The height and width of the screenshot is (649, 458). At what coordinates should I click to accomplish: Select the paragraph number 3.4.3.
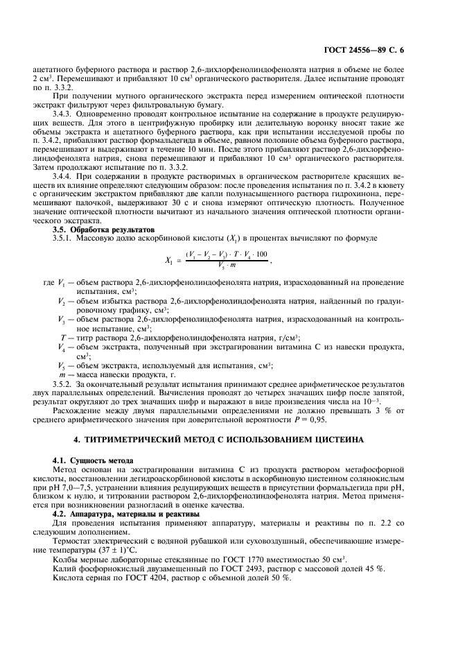point(65,113)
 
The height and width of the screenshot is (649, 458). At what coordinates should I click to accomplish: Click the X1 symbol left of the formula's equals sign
point(169,261)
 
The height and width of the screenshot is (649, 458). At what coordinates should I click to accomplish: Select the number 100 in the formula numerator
point(260,255)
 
